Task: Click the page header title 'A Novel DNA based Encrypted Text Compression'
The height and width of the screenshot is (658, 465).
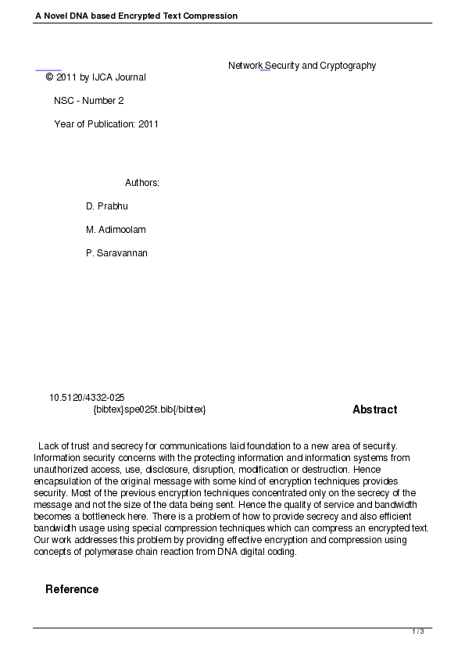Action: (136, 16)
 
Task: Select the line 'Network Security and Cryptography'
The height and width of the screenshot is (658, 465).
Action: (302, 66)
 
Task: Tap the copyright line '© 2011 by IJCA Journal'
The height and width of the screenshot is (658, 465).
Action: (95, 77)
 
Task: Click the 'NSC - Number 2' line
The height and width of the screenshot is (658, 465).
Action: (88, 101)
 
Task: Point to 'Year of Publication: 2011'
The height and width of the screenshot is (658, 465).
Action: (106, 124)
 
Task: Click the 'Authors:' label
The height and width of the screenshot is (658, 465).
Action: (142, 183)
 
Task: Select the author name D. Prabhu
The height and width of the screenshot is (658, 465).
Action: (107, 206)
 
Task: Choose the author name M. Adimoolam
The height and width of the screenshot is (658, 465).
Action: (116, 230)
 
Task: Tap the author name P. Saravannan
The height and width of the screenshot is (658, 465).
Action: (116, 253)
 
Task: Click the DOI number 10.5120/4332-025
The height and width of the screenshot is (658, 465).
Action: (87, 398)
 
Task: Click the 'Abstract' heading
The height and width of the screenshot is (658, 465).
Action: (374, 409)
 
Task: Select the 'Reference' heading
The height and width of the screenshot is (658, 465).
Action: (72, 589)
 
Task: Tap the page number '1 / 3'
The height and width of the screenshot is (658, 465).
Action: (418, 631)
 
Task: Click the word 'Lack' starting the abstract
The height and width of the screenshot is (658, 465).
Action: (48, 446)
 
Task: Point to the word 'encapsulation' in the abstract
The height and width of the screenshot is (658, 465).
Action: (63, 481)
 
